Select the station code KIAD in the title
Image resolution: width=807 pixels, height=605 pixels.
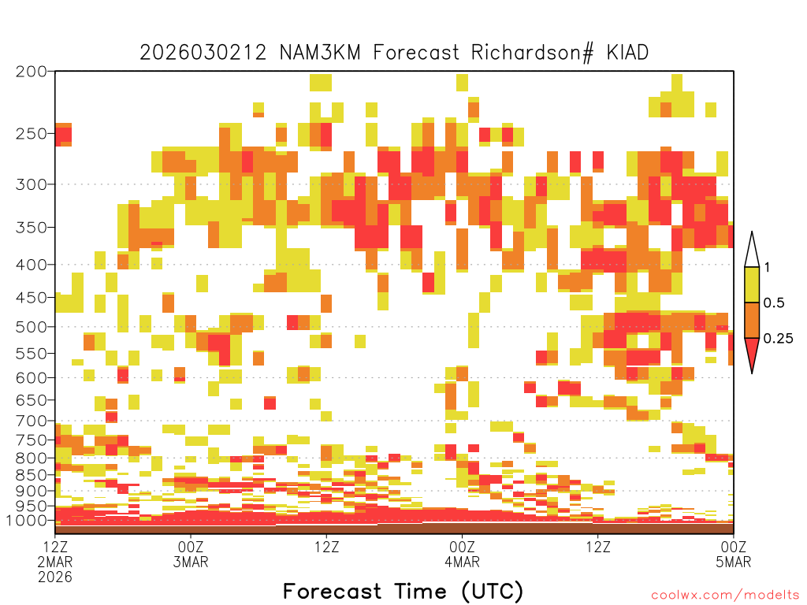coord(627,53)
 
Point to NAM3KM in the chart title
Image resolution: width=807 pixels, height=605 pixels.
coord(320,53)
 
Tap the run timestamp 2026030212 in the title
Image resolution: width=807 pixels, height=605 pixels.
coord(203,53)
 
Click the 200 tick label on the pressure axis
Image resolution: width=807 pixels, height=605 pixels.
coord(32,72)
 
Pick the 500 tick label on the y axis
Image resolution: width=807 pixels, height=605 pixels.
coord(32,327)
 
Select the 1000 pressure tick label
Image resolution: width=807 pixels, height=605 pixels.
coord(27,521)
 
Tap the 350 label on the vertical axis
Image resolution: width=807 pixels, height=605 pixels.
coord(32,228)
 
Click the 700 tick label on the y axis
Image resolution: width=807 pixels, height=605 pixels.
coord(32,421)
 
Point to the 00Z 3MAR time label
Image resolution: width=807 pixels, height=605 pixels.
coord(191,554)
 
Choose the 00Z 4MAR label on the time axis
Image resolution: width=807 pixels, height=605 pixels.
coord(462,554)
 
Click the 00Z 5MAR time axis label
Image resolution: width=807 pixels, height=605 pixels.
coord(734,554)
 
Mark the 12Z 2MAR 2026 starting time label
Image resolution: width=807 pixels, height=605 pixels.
coord(55,562)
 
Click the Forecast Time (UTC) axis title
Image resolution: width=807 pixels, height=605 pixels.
coord(403,592)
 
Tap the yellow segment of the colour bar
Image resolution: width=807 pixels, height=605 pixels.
coord(752,284)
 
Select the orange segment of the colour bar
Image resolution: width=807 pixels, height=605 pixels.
coord(752,320)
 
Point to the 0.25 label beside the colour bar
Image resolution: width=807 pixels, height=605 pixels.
coord(778,339)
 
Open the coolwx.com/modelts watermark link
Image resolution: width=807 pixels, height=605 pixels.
coord(725,596)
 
